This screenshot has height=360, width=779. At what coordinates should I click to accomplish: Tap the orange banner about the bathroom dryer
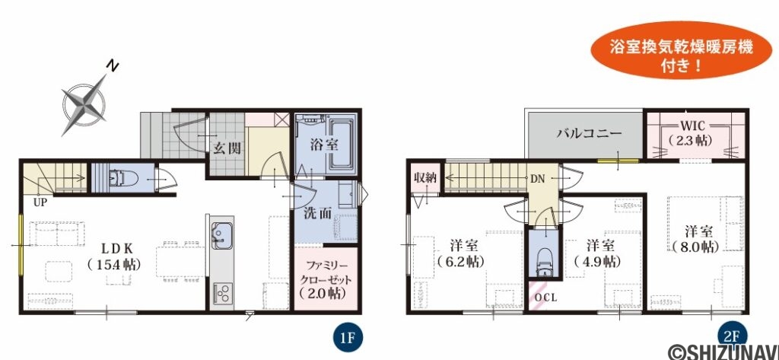click(x=682, y=51)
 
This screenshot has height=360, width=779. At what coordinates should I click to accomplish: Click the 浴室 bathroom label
click(x=324, y=145)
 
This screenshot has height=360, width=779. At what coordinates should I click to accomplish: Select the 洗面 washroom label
click(x=318, y=214)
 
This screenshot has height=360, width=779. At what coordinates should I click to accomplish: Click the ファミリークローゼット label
click(x=326, y=279)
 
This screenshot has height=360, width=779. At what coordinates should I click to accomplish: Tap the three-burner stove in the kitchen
click(x=222, y=292)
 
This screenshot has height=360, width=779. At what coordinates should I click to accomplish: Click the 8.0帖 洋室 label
click(x=696, y=239)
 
